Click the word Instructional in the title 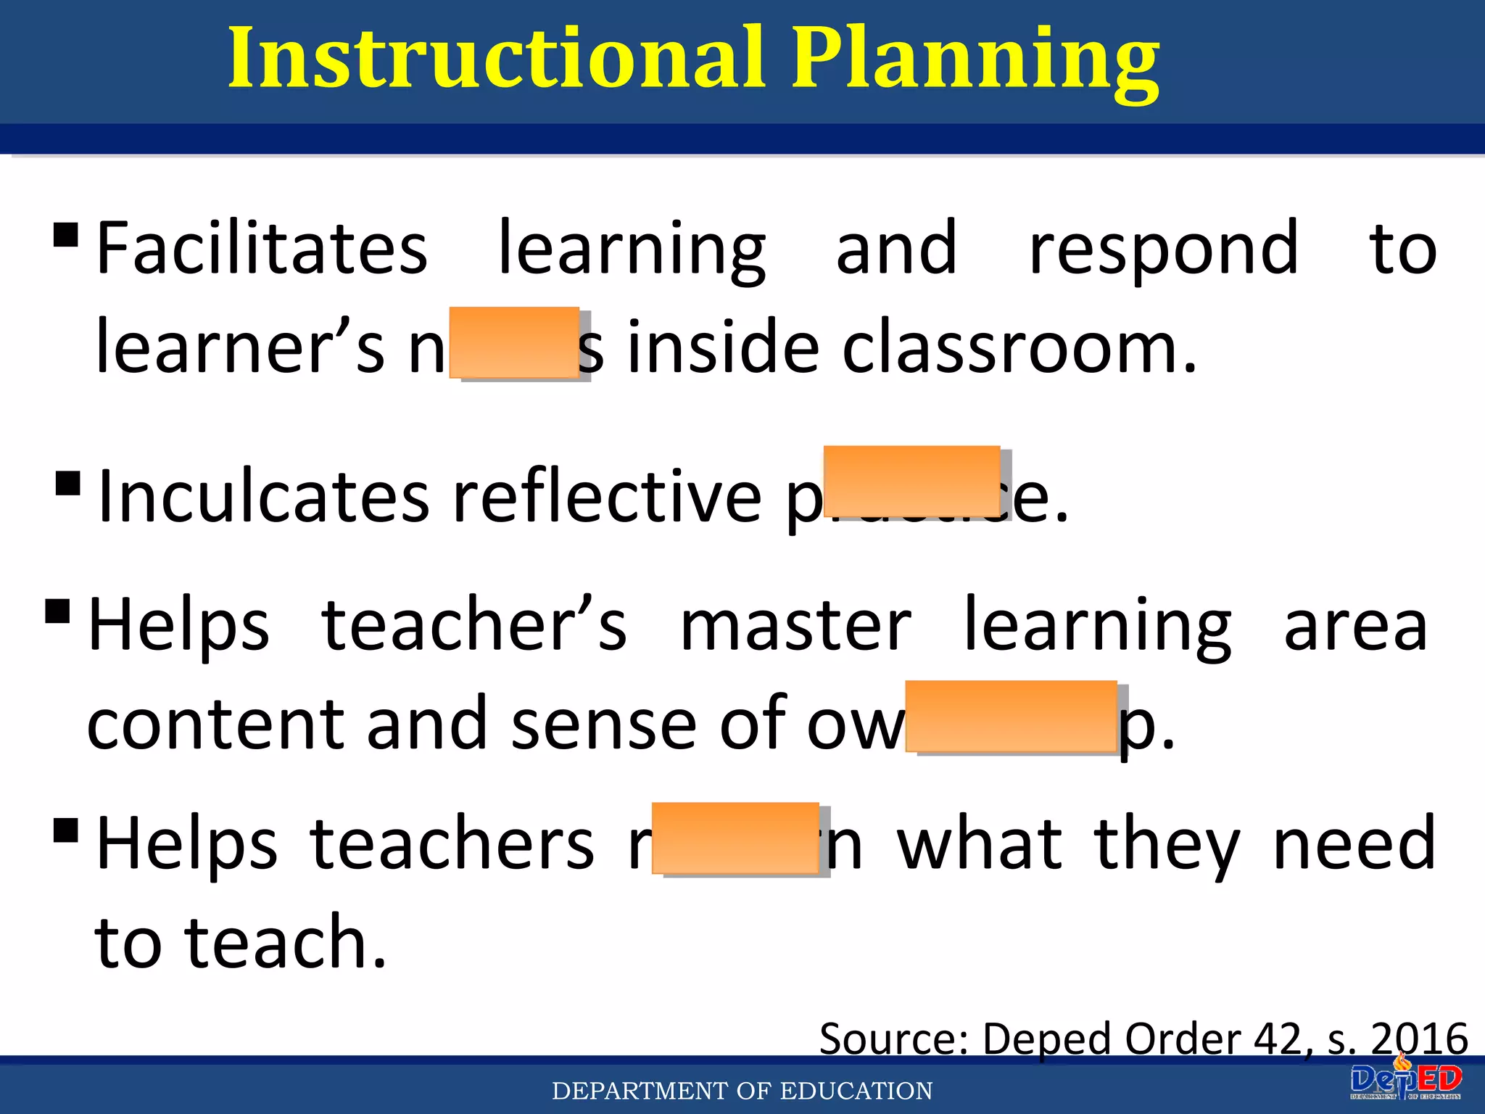496,58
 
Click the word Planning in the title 975,62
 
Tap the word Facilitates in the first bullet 262,249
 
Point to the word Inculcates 265,498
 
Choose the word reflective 608,498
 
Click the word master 795,626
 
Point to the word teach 286,942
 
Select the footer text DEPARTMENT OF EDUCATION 742,1091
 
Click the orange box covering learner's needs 514,342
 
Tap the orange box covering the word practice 911,481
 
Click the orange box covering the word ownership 1011,717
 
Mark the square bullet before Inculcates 67,483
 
